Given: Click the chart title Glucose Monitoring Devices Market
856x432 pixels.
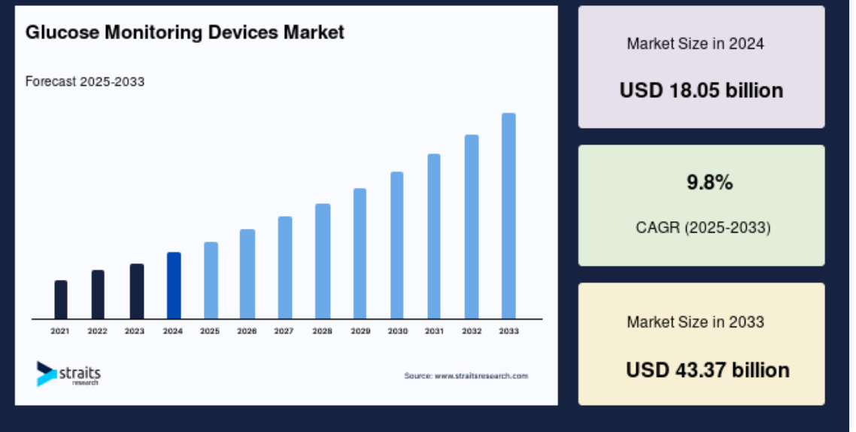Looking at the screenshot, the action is point(184,32).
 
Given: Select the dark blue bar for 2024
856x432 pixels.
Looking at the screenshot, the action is point(174,286).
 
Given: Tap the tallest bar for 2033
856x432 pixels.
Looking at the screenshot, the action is point(508,216).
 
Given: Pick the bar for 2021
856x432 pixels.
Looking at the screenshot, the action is point(61,300).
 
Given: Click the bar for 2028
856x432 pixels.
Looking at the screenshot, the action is point(323,262).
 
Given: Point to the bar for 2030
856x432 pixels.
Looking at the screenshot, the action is point(397,246).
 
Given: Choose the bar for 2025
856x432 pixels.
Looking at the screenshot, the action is point(211,281).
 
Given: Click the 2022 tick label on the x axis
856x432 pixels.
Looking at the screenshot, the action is point(97,331).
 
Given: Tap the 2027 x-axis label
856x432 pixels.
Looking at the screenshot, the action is point(284,331).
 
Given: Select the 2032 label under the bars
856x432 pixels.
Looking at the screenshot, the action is point(472,331).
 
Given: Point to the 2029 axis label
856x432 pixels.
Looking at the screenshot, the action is point(360,331).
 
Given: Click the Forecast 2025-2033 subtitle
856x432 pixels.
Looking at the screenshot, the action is point(84,82).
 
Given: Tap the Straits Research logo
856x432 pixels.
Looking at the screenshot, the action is point(68,374).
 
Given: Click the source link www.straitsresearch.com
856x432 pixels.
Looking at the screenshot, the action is point(481,376).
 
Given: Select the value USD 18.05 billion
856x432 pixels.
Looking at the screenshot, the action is point(701,90).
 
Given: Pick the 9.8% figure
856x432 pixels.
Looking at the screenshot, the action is point(709,182).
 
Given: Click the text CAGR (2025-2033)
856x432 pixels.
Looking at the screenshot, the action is point(703,227).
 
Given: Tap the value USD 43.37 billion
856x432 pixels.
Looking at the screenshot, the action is point(708,370).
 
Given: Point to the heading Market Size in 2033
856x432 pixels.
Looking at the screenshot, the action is point(696,321).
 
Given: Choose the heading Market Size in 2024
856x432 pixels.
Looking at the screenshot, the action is point(696,44).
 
